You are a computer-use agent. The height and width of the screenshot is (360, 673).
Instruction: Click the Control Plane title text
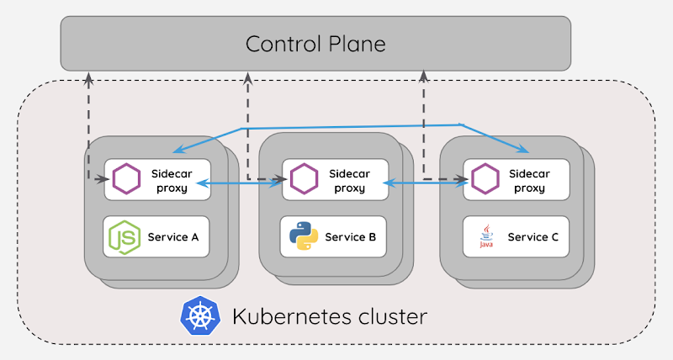[315, 43]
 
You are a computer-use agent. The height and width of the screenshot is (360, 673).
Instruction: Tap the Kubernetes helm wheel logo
[199, 317]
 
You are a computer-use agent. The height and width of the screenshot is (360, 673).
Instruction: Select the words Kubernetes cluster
[329, 317]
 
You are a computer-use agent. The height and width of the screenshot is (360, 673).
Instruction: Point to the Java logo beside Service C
[485, 237]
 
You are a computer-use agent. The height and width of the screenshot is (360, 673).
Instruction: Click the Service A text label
[173, 237]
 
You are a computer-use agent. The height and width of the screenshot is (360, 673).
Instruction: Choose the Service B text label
[350, 237]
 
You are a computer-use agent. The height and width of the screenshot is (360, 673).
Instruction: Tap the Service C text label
[533, 237]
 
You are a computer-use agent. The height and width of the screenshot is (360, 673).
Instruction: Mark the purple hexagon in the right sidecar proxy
[485, 179]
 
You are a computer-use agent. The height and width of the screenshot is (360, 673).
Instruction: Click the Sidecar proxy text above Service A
[172, 180]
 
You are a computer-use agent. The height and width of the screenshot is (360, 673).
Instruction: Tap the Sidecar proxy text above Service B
[349, 180]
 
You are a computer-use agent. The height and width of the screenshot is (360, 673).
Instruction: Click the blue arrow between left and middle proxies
[244, 184]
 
